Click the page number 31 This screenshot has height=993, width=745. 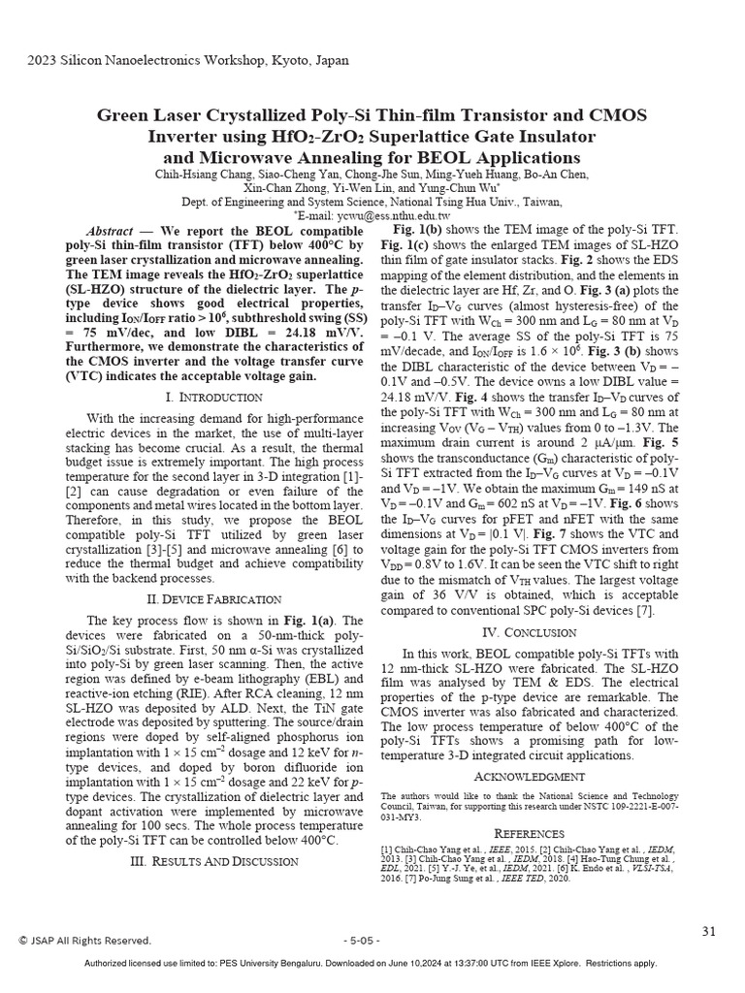tap(708, 932)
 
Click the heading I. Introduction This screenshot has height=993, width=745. tap(213, 398)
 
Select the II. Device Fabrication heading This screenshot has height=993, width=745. tap(213, 599)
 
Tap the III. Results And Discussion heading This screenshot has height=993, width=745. tap(213, 861)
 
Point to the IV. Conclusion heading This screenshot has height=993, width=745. tap(525, 632)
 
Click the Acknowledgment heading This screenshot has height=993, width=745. tap(529, 777)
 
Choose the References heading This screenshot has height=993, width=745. tap(529, 833)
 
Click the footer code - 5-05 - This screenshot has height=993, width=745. tap(362, 941)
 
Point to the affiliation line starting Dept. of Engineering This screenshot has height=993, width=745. tap(372, 202)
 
